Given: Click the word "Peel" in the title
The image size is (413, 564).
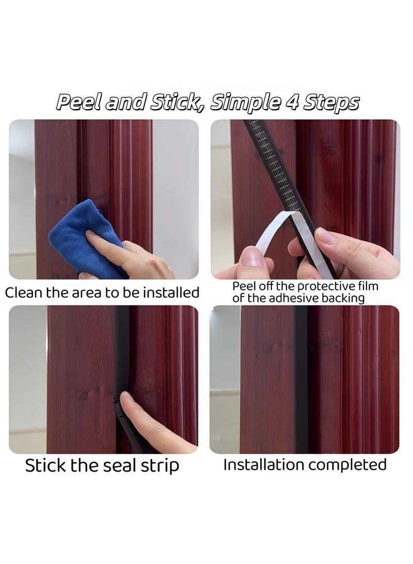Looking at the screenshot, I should [x=77, y=102].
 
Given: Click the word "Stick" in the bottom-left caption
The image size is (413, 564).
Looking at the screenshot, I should [x=46, y=465].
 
